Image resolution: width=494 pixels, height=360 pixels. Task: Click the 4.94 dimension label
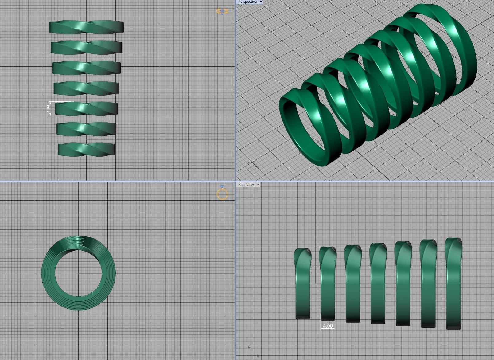tap(48, 109)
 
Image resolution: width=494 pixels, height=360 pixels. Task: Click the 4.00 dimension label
tap(328, 326)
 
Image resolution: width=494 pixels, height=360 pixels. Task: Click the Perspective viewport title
tap(247, 2)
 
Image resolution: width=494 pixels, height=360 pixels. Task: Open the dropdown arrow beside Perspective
tap(261, 2)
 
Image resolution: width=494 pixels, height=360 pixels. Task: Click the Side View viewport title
tap(246, 185)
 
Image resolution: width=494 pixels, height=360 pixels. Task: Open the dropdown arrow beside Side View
tap(258, 185)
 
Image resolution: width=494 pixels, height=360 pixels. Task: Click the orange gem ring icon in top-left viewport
tap(222, 11)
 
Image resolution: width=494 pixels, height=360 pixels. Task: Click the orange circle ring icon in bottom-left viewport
tap(222, 194)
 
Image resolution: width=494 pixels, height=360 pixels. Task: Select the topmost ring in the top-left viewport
tap(86, 27)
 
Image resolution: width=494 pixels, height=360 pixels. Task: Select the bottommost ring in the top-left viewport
tap(86, 149)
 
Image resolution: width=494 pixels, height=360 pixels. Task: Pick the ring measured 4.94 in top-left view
tap(86, 109)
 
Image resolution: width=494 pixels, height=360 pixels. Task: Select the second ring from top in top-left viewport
tap(86, 47)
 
